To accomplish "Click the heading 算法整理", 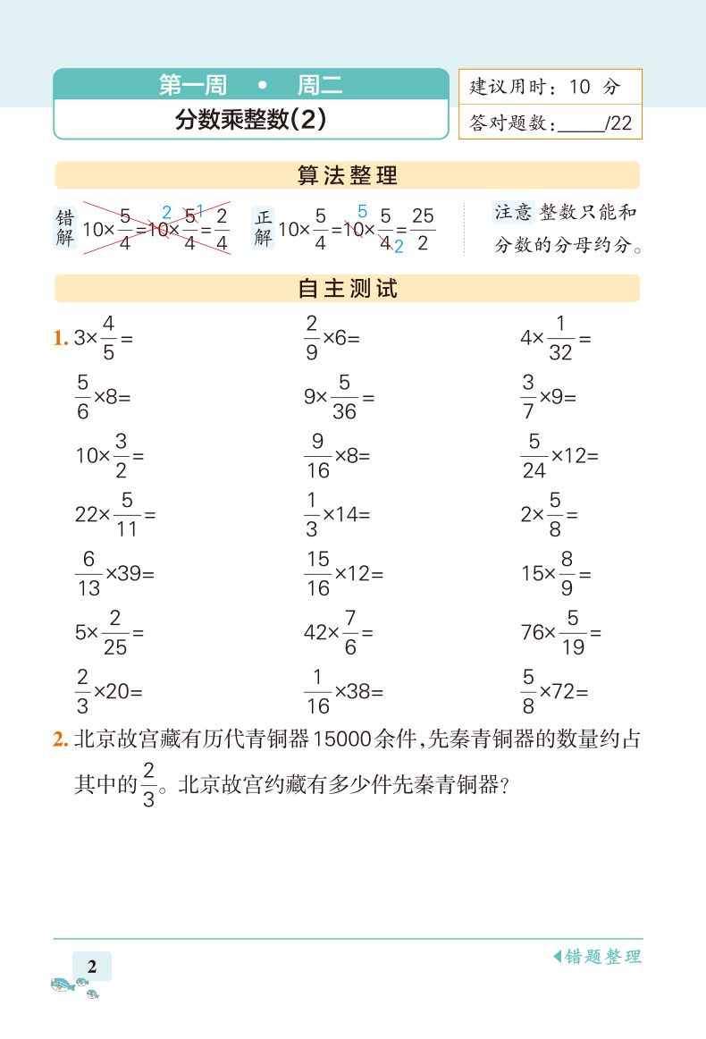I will click(347, 175).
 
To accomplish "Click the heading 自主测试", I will click(347, 289).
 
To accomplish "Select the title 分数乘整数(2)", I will click(250, 120).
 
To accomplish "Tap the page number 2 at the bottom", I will click(92, 966).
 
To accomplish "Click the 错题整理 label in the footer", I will click(602, 957).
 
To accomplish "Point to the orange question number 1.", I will click(60, 338).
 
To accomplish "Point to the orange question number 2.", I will click(60, 739).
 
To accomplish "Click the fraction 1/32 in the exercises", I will click(560, 338).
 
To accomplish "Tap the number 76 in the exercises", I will click(533, 633).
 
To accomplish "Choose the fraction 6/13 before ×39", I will click(88, 573).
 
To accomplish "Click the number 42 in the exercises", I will click(315, 633).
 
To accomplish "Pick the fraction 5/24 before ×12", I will click(534, 455).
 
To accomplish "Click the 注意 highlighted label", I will click(513, 212).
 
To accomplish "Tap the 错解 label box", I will click(65, 229).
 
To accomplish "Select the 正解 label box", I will click(263, 228).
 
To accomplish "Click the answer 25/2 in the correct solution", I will click(423, 229).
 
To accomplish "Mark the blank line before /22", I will click(581, 126).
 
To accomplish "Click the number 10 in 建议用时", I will click(579, 87).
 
